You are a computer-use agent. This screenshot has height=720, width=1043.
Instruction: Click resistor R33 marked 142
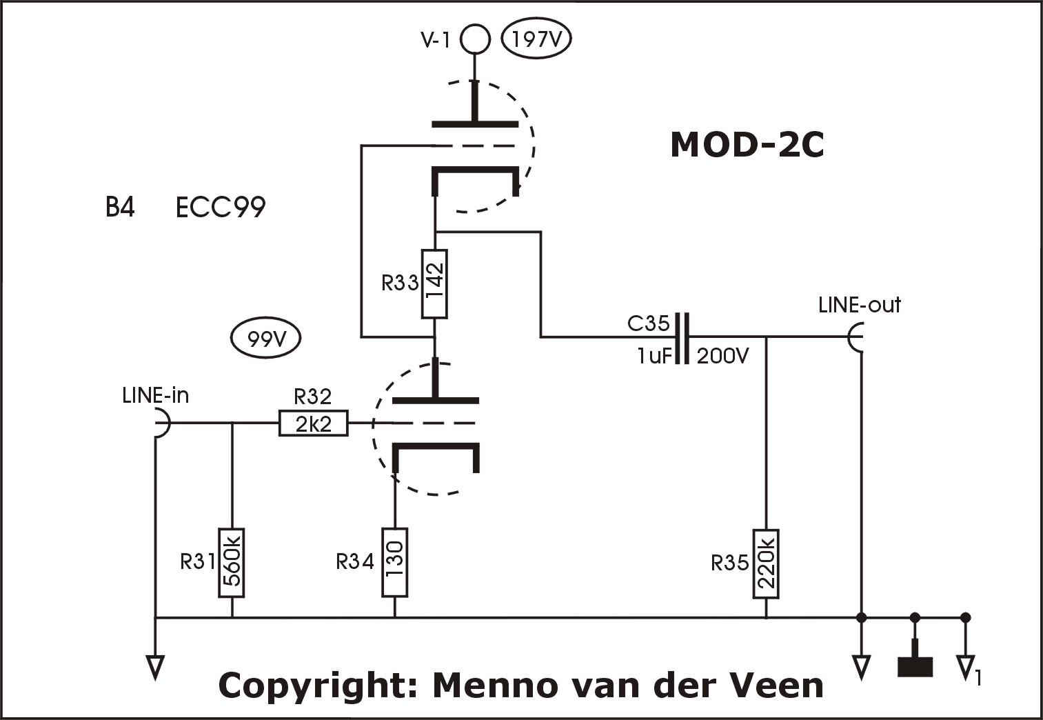click(434, 284)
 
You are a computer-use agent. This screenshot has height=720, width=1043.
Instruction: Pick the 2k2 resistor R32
click(314, 423)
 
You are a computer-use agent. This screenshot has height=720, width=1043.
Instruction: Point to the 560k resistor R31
click(232, 563)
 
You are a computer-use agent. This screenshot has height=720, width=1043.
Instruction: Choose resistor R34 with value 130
click(395, 562)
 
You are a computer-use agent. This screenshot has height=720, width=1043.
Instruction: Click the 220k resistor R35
click(766, 563)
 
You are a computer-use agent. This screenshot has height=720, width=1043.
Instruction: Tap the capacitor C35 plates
click(682, 338)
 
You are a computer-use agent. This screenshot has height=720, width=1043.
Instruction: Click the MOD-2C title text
click(747, 146)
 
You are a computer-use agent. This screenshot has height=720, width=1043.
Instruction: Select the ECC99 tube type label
click(221, 208)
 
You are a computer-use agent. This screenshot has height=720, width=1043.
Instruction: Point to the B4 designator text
click(120, 207)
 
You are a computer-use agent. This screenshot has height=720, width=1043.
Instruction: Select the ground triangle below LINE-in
click(155, 668)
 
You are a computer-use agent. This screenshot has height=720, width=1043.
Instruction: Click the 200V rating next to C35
click(722, 357)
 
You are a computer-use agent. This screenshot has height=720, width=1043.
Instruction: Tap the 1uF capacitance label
click(655, 357)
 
